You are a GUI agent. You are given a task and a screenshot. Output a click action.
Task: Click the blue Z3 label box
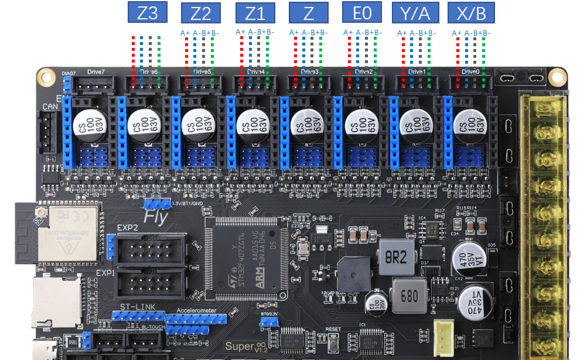(148, 13)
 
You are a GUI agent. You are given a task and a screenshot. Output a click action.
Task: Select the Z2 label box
(201, 13)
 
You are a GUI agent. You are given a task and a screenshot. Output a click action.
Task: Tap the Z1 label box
(254, 13)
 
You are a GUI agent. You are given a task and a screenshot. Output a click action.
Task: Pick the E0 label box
(361, 13)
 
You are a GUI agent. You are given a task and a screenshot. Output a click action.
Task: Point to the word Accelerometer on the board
(196, 311)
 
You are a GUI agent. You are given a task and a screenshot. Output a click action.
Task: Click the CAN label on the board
(49, 107)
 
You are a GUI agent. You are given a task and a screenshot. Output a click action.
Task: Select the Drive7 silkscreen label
(95, 72)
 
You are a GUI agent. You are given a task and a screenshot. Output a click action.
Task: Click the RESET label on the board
(333, 330)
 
